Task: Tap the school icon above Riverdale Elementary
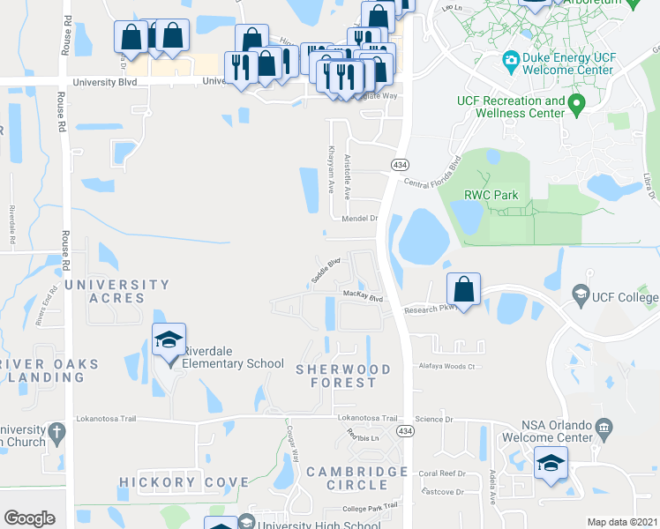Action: point(169,340)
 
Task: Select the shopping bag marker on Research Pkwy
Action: point(463,289)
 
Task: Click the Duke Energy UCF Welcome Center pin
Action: point(510,62)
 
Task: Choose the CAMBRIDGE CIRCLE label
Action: point(356,479)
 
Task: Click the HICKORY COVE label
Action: point(184,482)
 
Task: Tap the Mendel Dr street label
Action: point(359,218)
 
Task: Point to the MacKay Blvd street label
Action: point(364,297)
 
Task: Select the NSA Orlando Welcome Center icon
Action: point(604,429)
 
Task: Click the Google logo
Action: point(29,518)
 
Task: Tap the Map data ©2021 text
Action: point(622,522)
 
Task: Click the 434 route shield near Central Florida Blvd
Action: point(400,165)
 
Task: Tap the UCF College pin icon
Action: point(581,293)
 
